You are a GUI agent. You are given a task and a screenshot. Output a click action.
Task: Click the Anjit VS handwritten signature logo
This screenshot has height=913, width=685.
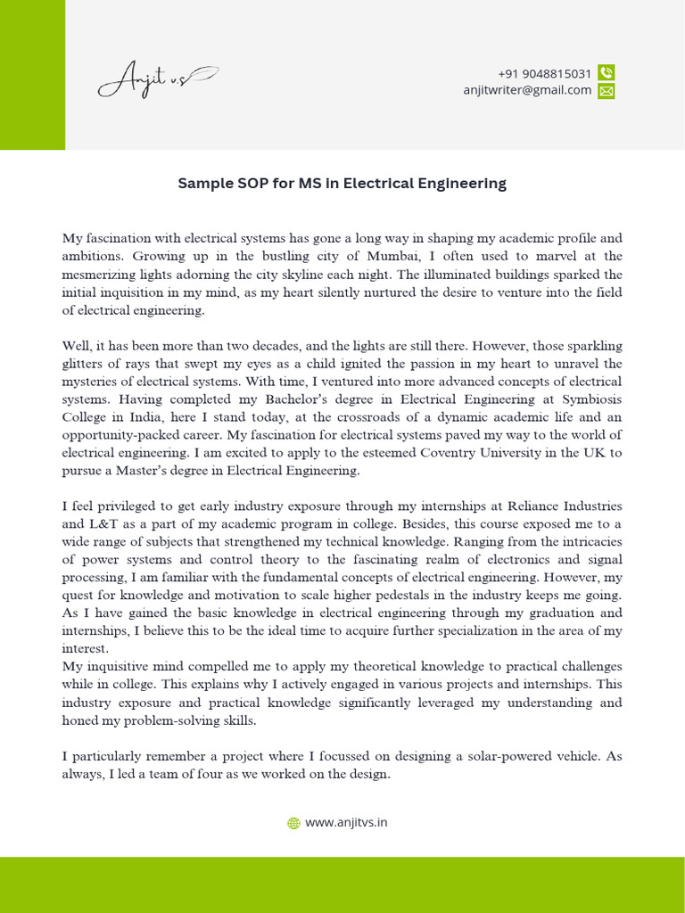coord(157,80)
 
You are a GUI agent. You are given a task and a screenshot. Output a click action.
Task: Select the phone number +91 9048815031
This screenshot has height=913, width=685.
coord(544,73)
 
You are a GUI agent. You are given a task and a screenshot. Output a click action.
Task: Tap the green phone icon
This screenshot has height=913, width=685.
coord(607,73)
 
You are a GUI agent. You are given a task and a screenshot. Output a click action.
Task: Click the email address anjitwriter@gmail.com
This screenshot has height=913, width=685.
coord(527,90)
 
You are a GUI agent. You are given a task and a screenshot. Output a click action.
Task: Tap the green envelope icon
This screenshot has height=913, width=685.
coord(607,91)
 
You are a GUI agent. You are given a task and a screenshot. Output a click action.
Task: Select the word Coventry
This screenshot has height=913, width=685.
coord(467,453)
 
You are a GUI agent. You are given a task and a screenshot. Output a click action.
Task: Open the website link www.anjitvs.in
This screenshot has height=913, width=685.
coord(346,823)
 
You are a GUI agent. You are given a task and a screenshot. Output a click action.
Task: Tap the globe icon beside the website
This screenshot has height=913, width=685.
coord(293,824)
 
